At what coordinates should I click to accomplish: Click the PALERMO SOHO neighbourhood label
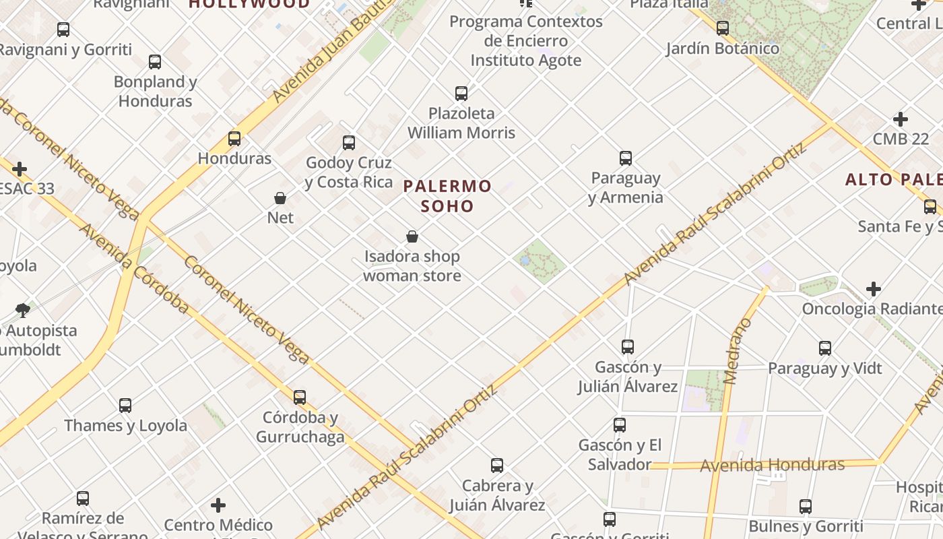coord(448,195)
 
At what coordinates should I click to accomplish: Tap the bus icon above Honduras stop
coord(234,139)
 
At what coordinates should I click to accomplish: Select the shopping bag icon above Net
coord(280,198)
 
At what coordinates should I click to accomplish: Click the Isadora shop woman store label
coord(412,266)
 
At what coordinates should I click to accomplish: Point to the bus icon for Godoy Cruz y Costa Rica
coord(349,143)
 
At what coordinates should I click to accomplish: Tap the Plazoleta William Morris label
coord(461,123)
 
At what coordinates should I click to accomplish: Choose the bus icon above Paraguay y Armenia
coord(626,159)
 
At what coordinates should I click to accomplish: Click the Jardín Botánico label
coord(723,49)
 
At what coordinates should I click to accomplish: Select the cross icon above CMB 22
coord(901,120)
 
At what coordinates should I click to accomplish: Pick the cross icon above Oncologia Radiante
coord(874,290)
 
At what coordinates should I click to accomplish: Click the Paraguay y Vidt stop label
coord(825,369)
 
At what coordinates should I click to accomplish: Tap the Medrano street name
coord(739,350)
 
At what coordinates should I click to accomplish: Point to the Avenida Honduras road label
coord(772,465)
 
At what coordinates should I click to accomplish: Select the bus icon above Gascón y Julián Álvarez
coord(628,347)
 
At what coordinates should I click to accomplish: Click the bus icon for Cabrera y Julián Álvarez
coord(497,466)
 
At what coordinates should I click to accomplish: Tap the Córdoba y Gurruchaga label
coord(300,427)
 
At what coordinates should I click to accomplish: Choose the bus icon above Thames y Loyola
coord(125,406)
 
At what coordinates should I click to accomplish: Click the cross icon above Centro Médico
coord(218,505)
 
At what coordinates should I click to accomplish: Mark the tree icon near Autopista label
coord(22,311)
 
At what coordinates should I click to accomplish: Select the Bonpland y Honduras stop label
coord(156,92)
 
